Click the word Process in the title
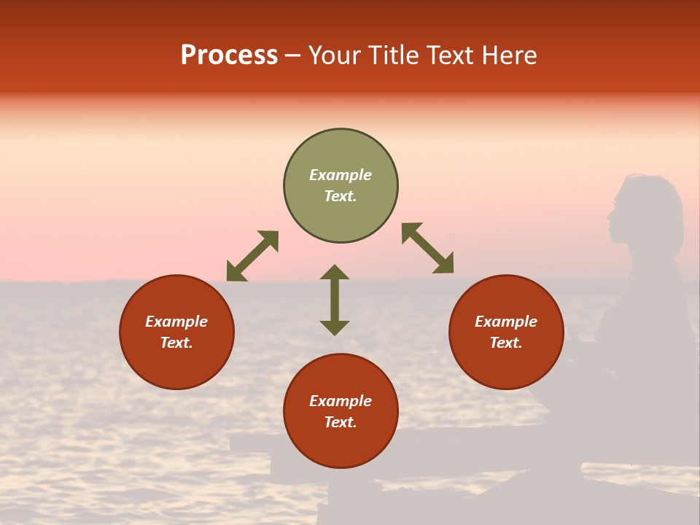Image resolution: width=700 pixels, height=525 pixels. (x=229, y=55)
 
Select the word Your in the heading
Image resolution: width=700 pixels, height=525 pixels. (x=336, y=55)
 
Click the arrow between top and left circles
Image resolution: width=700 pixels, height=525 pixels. (x=252, y=256)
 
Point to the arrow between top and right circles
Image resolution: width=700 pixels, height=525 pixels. (x=427, y=249)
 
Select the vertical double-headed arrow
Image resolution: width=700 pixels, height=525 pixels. (x=335, y=300)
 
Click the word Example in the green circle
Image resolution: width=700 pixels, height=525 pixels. (x=341, y=175)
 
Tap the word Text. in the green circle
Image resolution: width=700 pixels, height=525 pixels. (x=341, y=196)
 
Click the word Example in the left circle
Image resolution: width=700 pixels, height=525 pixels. (x=176, y=322)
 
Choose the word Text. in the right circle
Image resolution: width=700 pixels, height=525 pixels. (x=506, y=343)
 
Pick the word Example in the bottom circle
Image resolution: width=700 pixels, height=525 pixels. (x=341, y=401)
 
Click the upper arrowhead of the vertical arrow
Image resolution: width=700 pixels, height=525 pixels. (x=335, y=273)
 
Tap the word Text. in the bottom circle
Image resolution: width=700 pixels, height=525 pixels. (x=341, y=422)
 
